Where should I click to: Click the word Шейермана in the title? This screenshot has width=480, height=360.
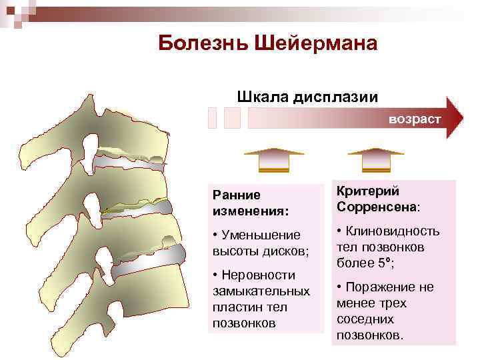coord(313,43)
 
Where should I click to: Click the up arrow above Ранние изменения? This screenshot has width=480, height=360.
coord(273,159)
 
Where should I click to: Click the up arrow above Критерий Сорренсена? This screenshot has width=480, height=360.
coord(376,159)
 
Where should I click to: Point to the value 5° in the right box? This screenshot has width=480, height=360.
coord(382,263)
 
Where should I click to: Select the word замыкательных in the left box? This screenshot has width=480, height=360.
coord(261,291)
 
